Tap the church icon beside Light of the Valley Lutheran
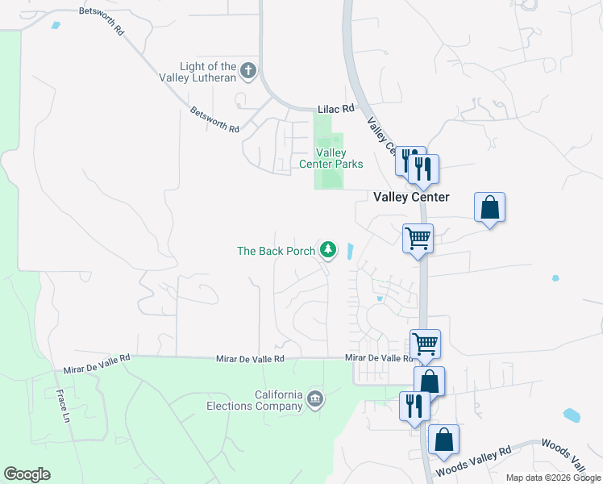point(248,70)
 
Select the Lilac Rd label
point(336,108)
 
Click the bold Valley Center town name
point(410,197)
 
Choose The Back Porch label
point(276,251)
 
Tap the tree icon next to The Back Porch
point(328,250)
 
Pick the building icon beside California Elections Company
point(315,398)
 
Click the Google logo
point(27,474)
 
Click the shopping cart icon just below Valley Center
point(418,238)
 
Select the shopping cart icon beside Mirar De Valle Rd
point(425,344)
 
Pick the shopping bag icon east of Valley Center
point(489,207)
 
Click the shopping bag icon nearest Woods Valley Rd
point(443,439)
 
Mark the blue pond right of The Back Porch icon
point(350,251)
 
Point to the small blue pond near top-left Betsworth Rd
point(55,25)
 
